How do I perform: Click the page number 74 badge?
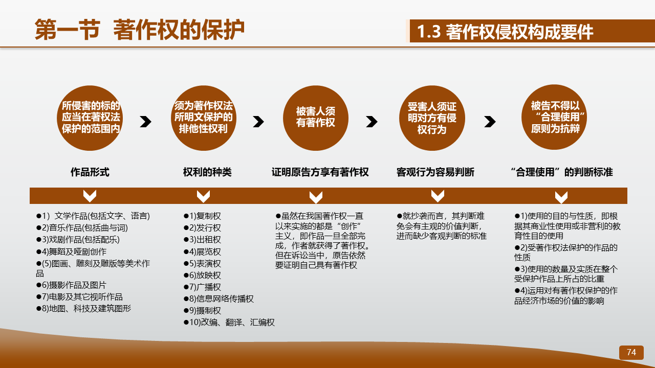[631, 352]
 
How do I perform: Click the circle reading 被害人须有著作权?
[316, 118]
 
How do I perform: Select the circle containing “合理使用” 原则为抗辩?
[554, 118]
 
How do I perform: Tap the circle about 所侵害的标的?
[90, 118]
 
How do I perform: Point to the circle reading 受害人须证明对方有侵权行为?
[432, 118]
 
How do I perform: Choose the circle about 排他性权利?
[204, 118]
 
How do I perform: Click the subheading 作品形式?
[90, 172]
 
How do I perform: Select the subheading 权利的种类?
[207, 172]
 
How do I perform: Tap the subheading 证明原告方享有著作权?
[320, 172]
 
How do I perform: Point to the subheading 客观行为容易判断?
[435, 172]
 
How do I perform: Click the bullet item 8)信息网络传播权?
[219, 299]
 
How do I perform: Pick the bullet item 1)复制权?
[202, 216]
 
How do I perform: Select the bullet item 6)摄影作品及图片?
[71, 285]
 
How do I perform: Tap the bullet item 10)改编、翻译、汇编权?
[229, 323]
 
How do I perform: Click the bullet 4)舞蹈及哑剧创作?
[71, 252]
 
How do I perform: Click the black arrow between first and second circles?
[145, 122]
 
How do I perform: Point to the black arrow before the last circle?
[490, 122]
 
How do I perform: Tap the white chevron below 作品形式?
[90, 196]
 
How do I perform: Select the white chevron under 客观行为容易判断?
[438, 196]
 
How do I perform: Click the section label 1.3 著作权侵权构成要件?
[505, 31]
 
